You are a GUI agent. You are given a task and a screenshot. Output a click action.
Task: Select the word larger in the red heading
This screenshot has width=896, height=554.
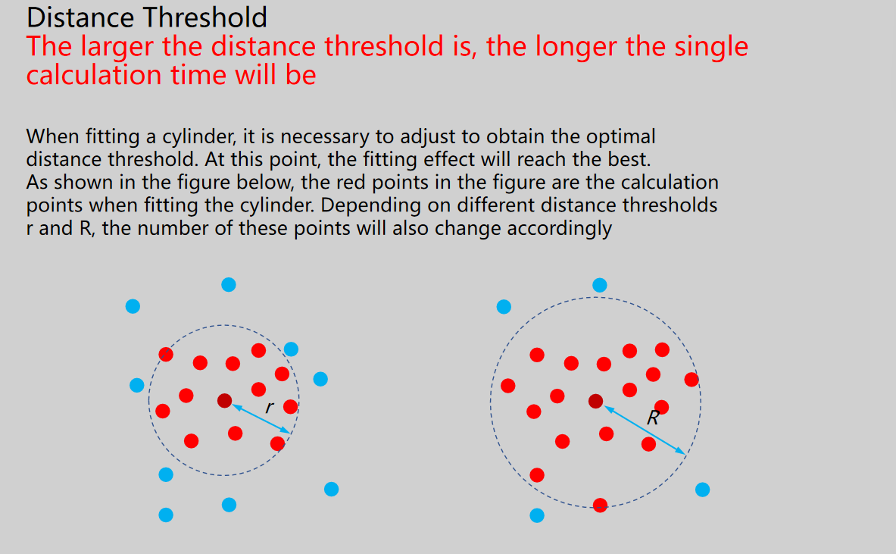[117, 48]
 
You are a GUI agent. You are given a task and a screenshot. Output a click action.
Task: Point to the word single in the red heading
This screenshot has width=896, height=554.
[711, 48]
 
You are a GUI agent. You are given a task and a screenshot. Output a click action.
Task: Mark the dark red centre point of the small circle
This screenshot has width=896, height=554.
[225, 401]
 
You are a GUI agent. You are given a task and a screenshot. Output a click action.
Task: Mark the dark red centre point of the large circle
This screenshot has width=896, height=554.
[595, 402]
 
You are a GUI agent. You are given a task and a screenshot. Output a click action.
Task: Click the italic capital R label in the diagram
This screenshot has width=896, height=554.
[653, 418]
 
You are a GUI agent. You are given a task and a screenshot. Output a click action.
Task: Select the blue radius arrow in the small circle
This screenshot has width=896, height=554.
[261, 419]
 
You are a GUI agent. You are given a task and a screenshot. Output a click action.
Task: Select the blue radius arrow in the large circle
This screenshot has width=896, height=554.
[645, 430]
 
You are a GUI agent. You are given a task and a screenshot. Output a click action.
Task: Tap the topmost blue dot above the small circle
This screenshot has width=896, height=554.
[229, 285]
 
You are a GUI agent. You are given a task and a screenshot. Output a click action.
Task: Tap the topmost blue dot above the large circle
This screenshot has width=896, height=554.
[599, 285]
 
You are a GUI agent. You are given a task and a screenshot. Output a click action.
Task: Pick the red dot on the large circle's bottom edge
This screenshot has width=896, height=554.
[600, 505]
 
